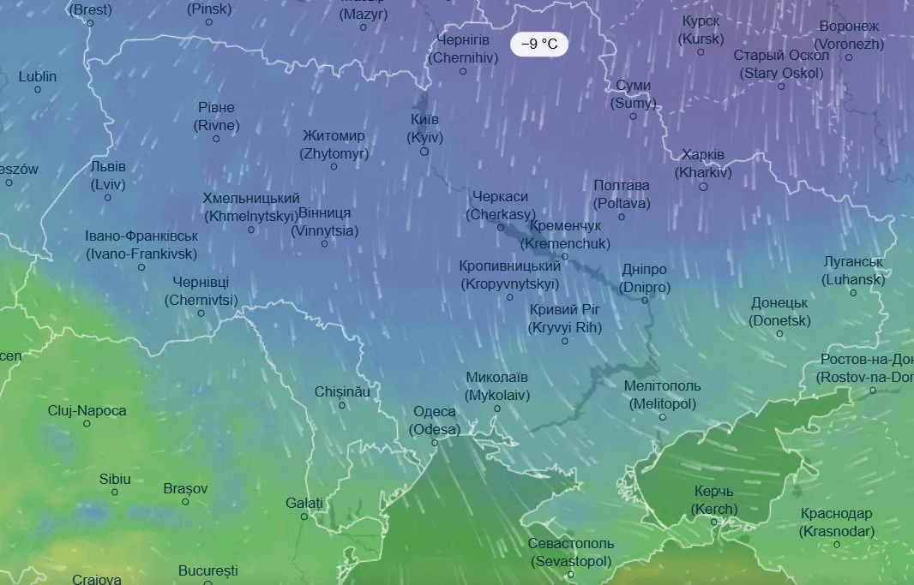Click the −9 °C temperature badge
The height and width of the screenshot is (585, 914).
point(538,45)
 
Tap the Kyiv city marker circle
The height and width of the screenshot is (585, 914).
point(424,152)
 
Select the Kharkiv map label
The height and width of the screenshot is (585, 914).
point(703,164)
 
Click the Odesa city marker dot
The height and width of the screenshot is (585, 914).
point(435,443)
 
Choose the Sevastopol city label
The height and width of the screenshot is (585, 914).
point(570,552)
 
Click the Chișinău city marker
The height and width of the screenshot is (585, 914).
point(342,405)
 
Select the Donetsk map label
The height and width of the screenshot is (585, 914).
point(779,312)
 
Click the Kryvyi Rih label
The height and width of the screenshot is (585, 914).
point(565,319)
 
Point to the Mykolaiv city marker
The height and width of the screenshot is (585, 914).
point(496,409)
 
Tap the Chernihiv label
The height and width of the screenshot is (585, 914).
point(462,49)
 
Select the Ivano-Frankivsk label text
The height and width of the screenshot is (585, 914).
point(141,245)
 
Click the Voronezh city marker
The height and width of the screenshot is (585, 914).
point(849,57)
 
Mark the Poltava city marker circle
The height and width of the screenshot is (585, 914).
point(622,217)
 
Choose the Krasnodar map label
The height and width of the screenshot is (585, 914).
point(837,522)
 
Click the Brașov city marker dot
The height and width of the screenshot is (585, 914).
point(185,502)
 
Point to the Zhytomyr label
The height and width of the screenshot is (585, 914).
point(334,145)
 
